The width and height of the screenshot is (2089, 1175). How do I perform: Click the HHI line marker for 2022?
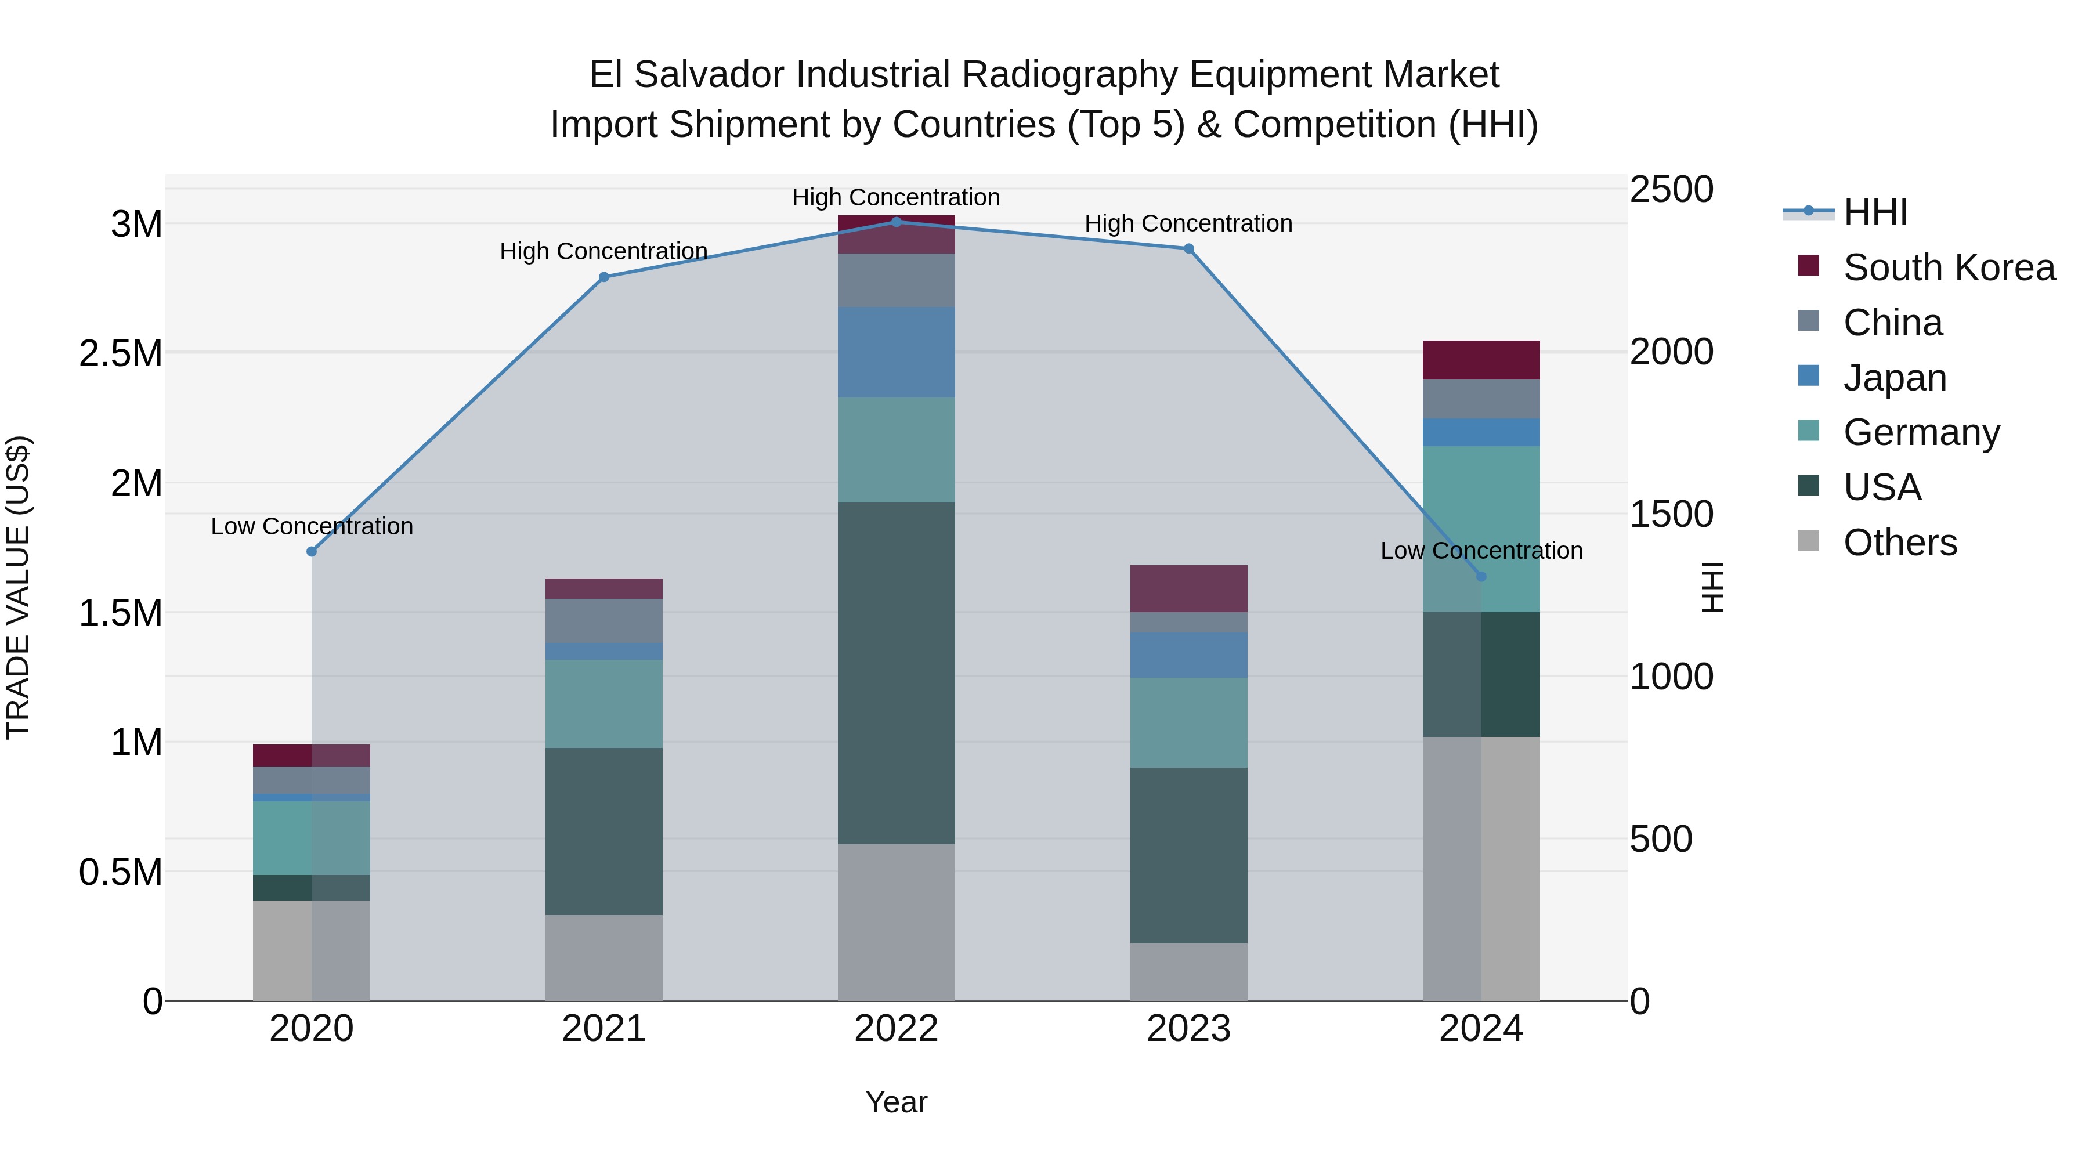pyautogui.click(x=896, y=222)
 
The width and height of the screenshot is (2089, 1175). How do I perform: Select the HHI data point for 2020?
pyautogui.click(x=312, y=551)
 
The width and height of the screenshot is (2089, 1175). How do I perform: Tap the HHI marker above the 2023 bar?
pyautogui.click(x=1189, y=249)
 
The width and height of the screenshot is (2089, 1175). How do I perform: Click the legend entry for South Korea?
pyautogui.click(x=1948, y=267)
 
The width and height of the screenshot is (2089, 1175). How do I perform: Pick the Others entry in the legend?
pyautogui.click(x=1899, y=543)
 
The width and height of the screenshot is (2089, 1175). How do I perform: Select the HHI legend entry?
pyautogui.click(x=1874, y=212)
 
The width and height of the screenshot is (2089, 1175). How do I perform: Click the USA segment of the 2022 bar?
pyautogui.click(x=896, y=673)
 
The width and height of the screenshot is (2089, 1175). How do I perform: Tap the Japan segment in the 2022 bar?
pyautogui.click(x=896, y=352)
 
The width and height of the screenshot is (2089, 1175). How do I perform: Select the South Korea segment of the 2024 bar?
pyautogui.click(x=1481, y=360)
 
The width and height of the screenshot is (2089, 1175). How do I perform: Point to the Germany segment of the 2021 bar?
pyautogui.click(x=603, y=703)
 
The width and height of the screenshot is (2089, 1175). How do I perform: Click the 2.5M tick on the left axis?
pyautogui.click(x=120, y=353)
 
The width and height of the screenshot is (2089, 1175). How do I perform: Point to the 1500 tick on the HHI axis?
pyautogui.click(x=1671, y=514)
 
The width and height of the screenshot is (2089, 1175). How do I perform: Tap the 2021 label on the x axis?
pyautogui.click(x=603, y=1029)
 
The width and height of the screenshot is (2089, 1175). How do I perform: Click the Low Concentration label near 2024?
pyautogui.click(x=1481, y=551)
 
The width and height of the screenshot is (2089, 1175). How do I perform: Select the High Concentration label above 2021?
pyautogui.click(x=603, y=251)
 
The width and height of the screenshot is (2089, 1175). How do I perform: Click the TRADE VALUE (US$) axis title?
pyautogui.click(x=18, y=587)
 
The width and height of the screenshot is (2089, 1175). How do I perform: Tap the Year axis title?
pyautogui.click(x=896, y=1102)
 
